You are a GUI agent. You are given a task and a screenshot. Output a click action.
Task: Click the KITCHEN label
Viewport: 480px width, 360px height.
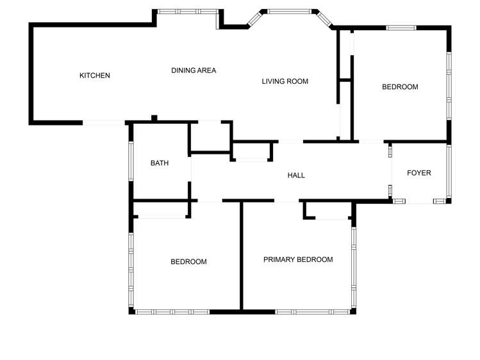click(95, 76)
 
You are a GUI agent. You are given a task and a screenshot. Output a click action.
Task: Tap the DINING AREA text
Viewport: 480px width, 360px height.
click(194, 70)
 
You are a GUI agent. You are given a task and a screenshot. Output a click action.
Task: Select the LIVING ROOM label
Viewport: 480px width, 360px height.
click(285, 81)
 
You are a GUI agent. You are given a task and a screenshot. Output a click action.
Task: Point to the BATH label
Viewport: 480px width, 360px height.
click(160, 163)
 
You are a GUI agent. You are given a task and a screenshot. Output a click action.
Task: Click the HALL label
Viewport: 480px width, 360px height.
click(296, 176)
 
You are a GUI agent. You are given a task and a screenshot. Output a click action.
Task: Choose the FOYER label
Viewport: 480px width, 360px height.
click(419, 173)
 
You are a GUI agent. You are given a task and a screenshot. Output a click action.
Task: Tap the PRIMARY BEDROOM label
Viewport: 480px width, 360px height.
click(299, 259)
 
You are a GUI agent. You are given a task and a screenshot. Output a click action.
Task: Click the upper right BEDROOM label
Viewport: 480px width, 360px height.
click(400, 87)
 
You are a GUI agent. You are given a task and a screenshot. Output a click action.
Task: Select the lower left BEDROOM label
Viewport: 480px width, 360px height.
click(188, 261)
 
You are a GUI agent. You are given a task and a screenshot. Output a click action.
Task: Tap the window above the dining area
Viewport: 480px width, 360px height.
click(188, 11)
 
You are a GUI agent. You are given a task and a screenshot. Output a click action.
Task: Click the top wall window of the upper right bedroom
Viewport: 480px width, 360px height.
click(401, 28)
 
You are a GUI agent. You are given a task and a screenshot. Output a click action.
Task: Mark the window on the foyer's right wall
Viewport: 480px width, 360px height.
click(449, 172)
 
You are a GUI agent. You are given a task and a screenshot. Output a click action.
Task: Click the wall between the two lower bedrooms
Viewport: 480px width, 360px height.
click(242, 256)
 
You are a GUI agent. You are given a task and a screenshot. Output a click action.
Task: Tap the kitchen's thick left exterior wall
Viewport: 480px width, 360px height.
click(31, 74)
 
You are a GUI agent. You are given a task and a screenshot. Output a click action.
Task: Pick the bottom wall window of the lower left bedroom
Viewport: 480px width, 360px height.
click(172, 312)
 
